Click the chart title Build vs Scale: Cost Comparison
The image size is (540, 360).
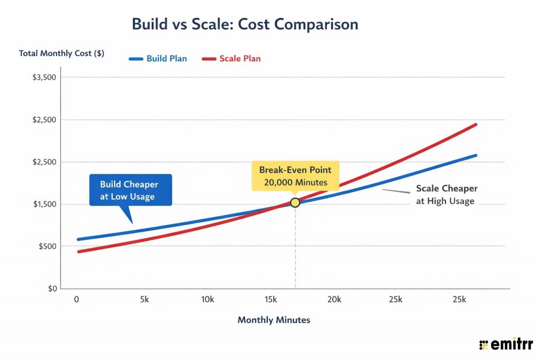coord(245,24)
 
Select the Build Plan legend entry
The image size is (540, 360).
coord(158,59)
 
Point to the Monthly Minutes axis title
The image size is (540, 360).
coord(274,320)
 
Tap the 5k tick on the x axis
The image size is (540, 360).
coord(145,299)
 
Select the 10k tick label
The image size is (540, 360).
coord(208,299)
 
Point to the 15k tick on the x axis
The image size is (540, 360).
coord(271,299)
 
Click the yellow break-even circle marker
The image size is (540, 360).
coord(295,202)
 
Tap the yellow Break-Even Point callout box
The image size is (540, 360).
coord(295,176)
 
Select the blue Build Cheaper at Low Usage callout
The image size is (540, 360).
coord(130,190)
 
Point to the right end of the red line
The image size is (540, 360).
coord(476,124)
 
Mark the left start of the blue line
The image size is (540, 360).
coord(78,239)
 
